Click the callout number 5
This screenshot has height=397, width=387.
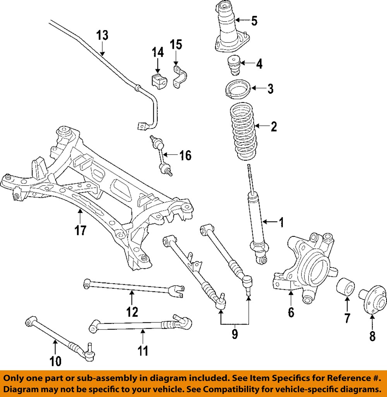pyautogui.click(x=254, y=20)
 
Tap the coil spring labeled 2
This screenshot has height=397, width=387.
pyautogui.click(x=244, y=132)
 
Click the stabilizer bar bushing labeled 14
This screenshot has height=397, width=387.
pyautogui.click(x=158, y=80)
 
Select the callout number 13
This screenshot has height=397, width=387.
pyautogui.click(x=102, y=35)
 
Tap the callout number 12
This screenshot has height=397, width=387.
pyautogui.click(x=132, y=311)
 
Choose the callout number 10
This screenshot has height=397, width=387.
pyautogui.click(x=55, y=361)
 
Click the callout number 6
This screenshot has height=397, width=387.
pyautogui.click(x=291, y=311)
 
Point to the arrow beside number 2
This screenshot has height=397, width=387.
pyautogui.click(x=261, y=126)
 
